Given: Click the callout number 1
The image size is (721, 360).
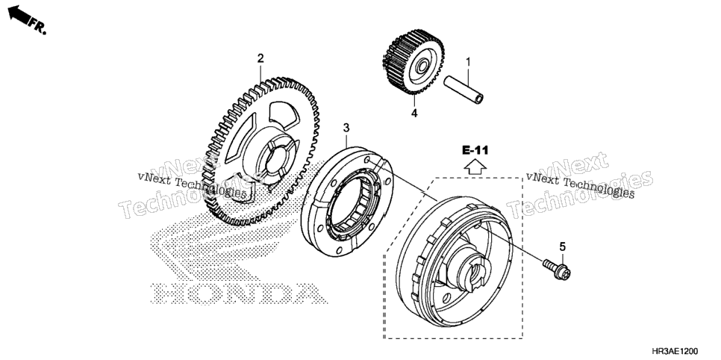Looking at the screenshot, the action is [x=468, y=61].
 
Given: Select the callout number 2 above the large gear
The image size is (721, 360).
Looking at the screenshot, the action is [x=260, y=58].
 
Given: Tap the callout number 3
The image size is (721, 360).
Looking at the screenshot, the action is [x=347, y=127].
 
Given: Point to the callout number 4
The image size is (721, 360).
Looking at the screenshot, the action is [x=414, y=114].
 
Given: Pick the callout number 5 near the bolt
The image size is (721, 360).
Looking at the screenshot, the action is [x=562, y=246].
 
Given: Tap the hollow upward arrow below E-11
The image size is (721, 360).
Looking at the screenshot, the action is [x=475, y=167].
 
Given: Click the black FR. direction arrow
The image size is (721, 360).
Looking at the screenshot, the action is [x=19, y=13].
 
